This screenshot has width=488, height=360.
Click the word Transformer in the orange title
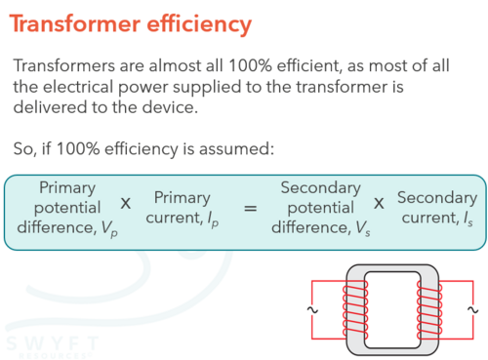(75, 23)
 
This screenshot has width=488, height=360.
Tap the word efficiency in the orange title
(199, 24)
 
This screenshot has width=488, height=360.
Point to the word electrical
(78, 87)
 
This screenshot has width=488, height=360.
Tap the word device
(170, 107)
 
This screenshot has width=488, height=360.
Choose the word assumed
(236, 149)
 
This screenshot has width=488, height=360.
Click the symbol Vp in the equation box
(109, 228)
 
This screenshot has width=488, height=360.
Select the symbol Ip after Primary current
(214, 219)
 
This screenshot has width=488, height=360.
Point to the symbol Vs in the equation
(363, 228)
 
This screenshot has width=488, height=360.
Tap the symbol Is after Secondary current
(468, 219)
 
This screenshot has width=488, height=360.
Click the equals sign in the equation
(251, 208)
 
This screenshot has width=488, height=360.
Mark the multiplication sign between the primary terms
(126, 204)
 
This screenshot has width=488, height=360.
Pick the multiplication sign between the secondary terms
(379, 204)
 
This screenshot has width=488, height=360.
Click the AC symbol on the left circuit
(312, 310)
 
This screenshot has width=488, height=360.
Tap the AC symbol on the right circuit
(473, 310)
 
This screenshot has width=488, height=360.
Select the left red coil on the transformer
(355, 309)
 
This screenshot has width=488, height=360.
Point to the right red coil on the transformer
(429, 309)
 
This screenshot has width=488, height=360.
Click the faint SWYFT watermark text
(52, 343)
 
